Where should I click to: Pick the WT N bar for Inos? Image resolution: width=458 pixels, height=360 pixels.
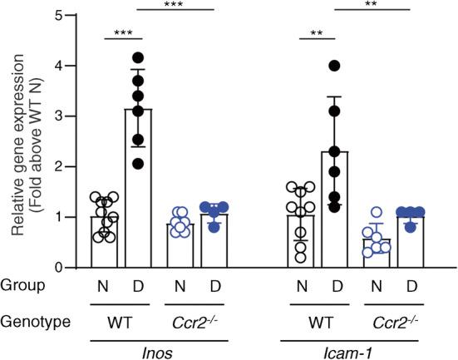coord(103,242)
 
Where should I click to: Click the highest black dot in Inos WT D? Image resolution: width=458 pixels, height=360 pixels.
coord(138,57)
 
